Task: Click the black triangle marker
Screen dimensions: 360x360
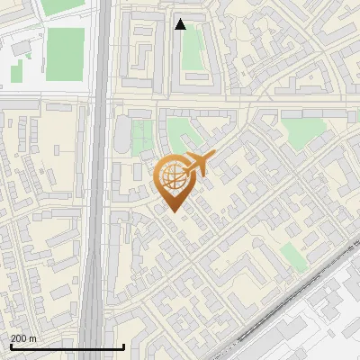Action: click(x=180, y=24)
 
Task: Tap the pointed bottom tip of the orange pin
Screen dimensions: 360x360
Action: click(x=173, y=212)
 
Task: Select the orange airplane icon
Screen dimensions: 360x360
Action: click(x=198, y=165)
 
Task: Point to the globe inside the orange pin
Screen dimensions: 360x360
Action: click(x=172, y=178)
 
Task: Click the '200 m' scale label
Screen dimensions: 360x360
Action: click(x=23, y=338)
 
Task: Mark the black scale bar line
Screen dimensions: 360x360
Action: click(x=67, y=347)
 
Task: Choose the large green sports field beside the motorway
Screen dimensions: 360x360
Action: click(x=65, y=53)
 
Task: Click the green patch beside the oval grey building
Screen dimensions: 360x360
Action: click(x=140, y=138)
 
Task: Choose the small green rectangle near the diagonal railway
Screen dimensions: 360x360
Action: click(x=293, y=256)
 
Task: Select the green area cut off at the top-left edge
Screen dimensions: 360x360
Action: click(x=58, y=6)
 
